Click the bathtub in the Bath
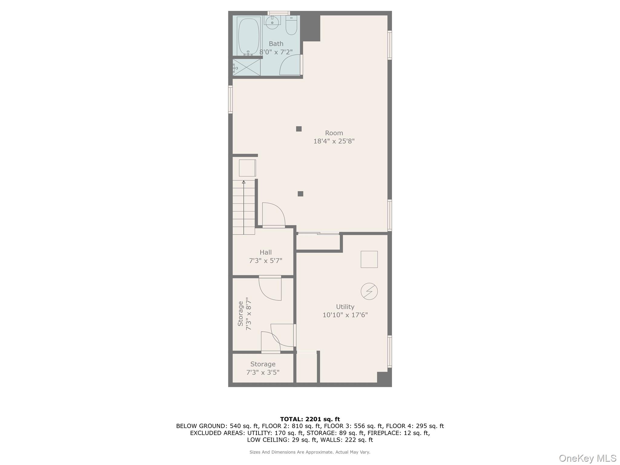click(x=249, y=36)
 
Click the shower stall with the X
click(x=246, y=67)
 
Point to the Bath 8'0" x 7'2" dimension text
click(x=276, y=52)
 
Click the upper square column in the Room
click(x=299, y=129)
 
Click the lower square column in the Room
click(x=300, y=194)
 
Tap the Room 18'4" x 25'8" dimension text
click(x=334, y=141)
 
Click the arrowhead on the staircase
click(x=244, y=182)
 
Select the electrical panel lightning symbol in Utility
click(x=369, y=292)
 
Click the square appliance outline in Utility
click(x=369, y=259)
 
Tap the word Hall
click(x=265, y=252)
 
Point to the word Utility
click(x=345, y=307)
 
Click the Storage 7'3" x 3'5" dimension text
click(x=262, y=372)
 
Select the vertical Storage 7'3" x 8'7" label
click(x=245, y=314)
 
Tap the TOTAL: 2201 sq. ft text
click(x=310, y=419)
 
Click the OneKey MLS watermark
click(x=587, y=458)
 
